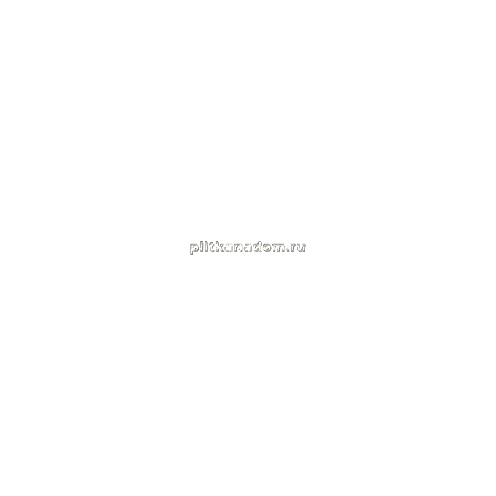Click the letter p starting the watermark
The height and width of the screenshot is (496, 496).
(194, 249)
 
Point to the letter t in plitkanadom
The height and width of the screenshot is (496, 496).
(210, 247)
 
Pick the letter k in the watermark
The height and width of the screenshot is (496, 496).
(218, 246)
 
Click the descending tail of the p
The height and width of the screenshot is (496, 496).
(192, 252)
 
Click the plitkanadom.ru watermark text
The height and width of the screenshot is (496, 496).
(247, 247)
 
